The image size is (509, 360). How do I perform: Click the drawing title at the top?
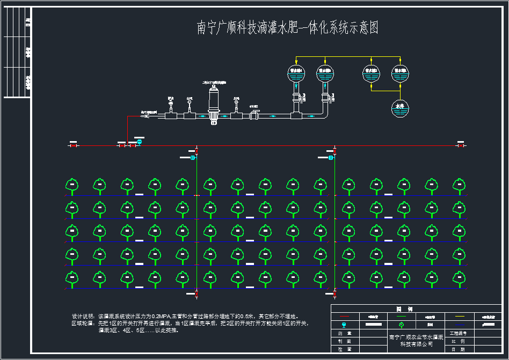pos(288,28)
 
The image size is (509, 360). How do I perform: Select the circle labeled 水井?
pos(400,108)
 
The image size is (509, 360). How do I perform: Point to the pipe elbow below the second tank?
pos(325,115)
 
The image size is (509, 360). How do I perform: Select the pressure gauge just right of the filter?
pos(236,101)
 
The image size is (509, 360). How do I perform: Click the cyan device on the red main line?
pos(140,142)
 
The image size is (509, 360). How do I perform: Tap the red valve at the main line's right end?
pos(460,145)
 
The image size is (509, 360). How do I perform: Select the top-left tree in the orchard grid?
pos(71,186)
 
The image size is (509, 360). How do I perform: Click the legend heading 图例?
pos(404,309)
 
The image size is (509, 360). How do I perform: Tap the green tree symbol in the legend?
pos(402,325)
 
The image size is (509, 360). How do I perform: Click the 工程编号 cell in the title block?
pos(458,333)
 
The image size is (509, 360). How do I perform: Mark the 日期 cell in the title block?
pos(458,349)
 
